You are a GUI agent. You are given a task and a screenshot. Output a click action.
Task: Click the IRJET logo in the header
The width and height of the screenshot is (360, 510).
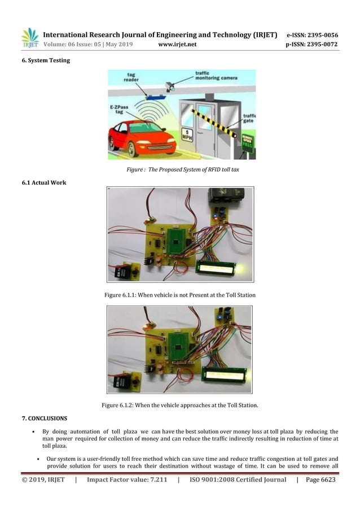[30, 38]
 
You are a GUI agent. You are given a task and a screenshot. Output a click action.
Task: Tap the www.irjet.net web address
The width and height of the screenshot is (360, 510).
[177, 45]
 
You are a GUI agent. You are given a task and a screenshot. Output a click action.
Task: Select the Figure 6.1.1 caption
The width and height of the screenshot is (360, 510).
[180, 295]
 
